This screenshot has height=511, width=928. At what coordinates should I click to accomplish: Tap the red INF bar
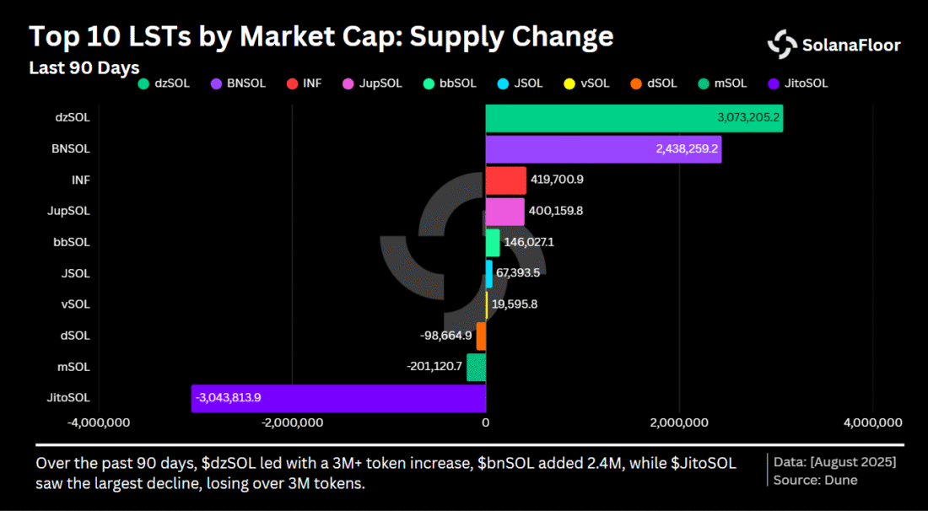point(505,180)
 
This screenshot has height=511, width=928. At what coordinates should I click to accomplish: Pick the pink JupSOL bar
point(504,212)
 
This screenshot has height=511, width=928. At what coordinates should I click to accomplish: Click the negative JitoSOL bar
point(338,399)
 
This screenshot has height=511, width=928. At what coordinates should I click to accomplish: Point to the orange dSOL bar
point(481,336)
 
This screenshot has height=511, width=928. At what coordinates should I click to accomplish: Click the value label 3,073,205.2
point(748,117)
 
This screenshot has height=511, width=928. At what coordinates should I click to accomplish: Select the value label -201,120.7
point(434,367)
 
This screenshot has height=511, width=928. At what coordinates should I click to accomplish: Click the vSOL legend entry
point(589,83)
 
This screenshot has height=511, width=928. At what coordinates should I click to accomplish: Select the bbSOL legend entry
point(451,83)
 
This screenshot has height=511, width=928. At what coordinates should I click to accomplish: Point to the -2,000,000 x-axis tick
point(293,422)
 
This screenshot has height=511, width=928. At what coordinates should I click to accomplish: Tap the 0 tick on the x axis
point(486,422)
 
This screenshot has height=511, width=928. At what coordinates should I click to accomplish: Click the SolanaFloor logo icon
point(782,45)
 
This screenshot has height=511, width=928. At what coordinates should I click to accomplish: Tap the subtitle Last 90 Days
point(84,67)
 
